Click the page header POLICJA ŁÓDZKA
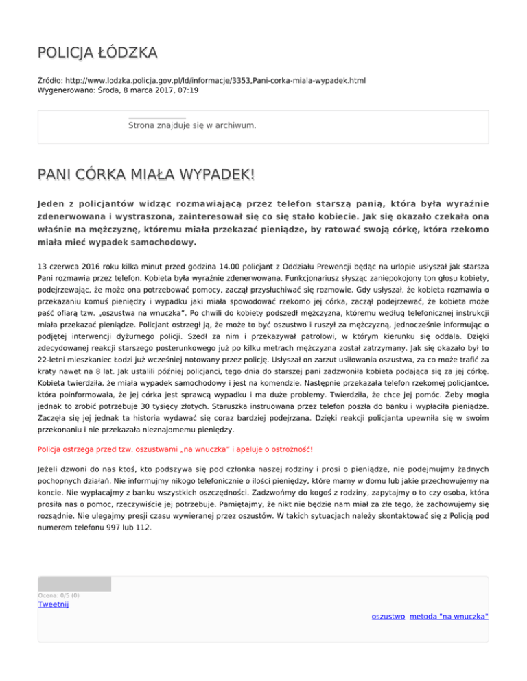[x=97, y=52]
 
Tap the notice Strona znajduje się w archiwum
[x=192, y=125]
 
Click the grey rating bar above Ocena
[x=74, y=584]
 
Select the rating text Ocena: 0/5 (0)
[x=59, y=595]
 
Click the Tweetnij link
[x=53, y=604]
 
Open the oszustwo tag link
[x=388, y=617]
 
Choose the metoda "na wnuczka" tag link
[x=449, y=617]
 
